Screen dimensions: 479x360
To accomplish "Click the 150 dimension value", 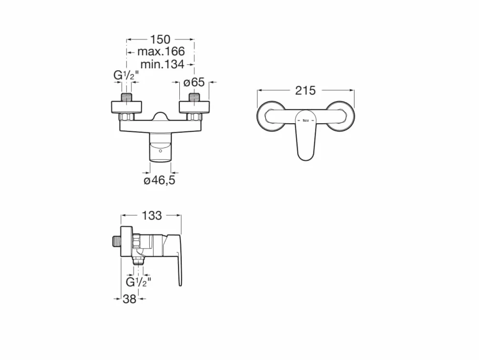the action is [x=160, y=40].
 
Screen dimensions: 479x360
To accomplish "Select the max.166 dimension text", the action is [x=161, y=52].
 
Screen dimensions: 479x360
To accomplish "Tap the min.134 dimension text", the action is [x=162, y=64].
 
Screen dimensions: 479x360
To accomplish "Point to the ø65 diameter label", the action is [x=194, y=82].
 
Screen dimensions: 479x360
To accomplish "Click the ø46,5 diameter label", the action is [x=159, y=180].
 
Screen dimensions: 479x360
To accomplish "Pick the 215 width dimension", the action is [x=305, y=90].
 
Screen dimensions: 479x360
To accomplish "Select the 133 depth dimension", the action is [x=152, y=216].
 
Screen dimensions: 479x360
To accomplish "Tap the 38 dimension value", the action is [x=129, y=299].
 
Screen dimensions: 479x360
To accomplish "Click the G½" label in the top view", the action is [x=126, y=75].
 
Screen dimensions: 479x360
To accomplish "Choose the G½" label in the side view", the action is [x=138, y=282].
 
